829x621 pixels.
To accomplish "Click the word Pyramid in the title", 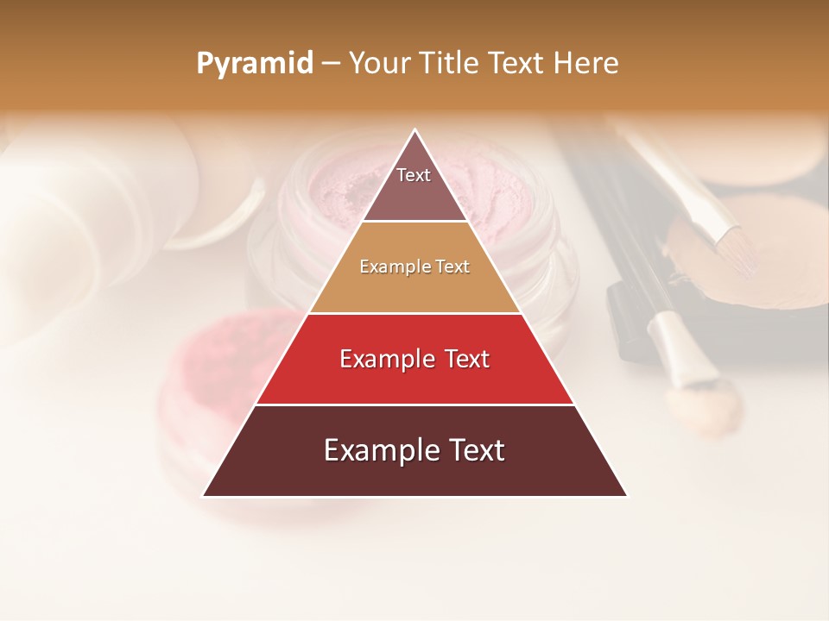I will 255,64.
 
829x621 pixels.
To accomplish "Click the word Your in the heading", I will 380,64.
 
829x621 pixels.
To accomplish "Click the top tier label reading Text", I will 414,175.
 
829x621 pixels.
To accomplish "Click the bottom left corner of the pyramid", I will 204,495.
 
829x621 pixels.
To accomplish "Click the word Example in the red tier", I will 384,359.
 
